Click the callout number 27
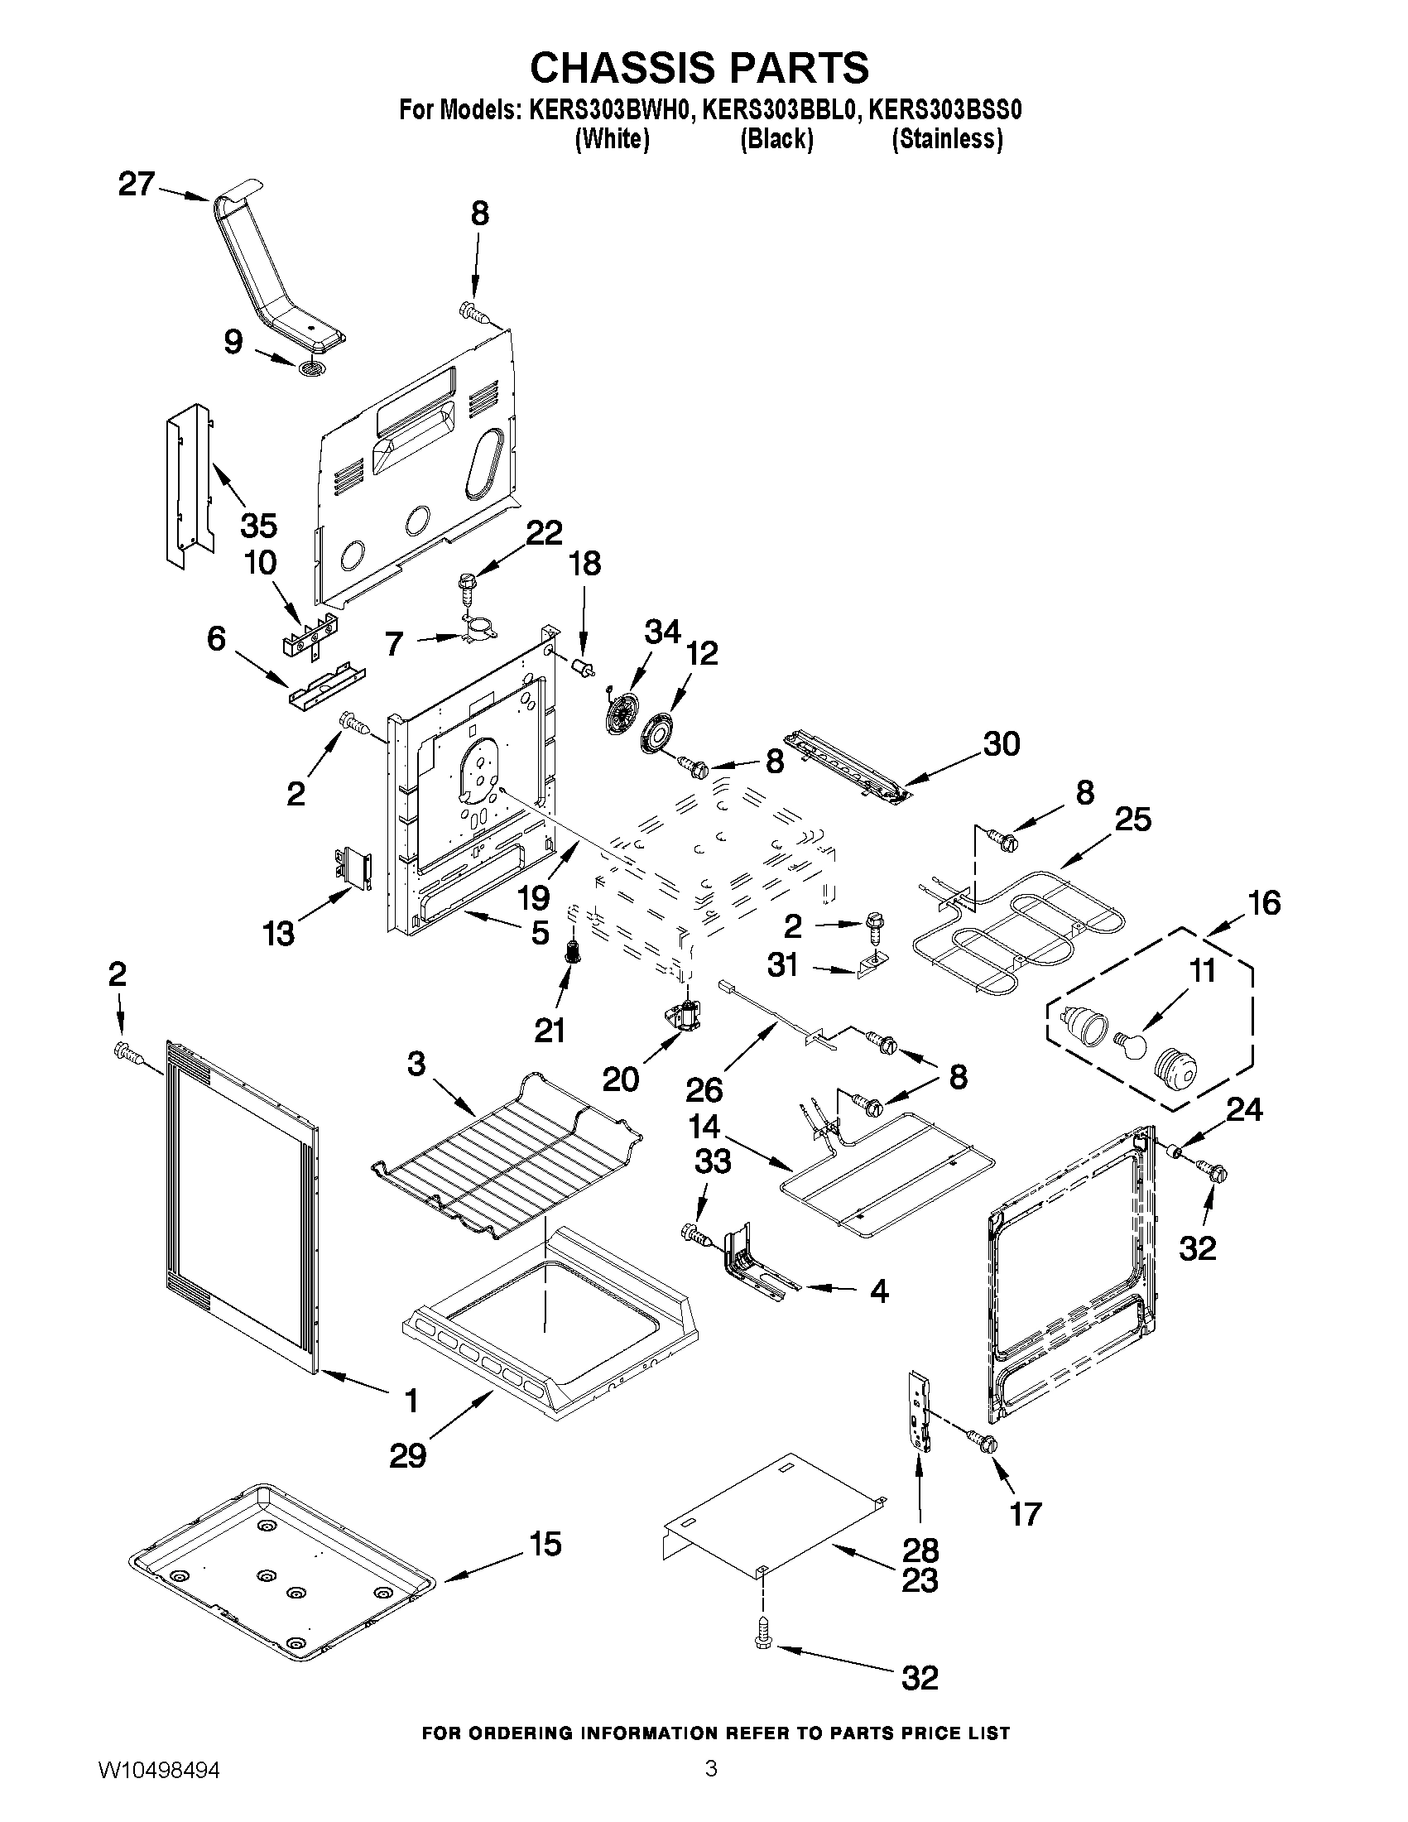(x=136, y=184)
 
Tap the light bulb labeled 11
(x=1130, y=1045)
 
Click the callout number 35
(x=258, y=526)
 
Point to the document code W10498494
(x=158, y=1790)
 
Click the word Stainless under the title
(x=947, y=138)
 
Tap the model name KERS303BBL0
(x=779, y=110)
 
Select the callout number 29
(x=408, y=1456)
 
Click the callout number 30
(x=1001, y=743)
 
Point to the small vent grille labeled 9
(x=312, y=368)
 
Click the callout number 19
(x=533, y=897)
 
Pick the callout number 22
(x=545, y=532)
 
